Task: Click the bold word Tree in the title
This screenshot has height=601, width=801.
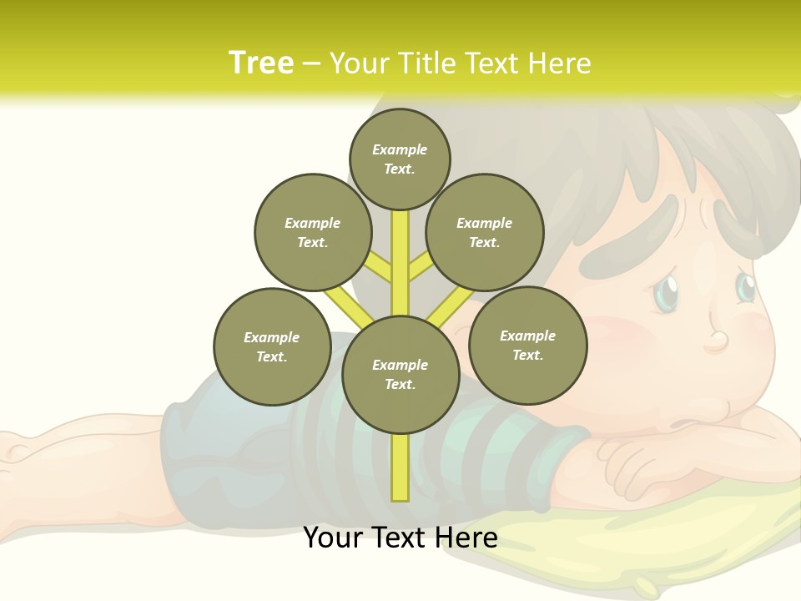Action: point(261,63)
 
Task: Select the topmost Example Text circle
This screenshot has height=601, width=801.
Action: point(400,159)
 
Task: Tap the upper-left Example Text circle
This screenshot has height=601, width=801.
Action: point(313,233)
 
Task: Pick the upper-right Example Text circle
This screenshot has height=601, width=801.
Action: point(485,233)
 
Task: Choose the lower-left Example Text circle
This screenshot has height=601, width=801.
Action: point(272,346)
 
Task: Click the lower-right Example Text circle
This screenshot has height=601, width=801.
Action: point(528,345)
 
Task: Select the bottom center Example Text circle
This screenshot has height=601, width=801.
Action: point(400,375)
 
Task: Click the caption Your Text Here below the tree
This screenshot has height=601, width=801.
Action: point(400,538)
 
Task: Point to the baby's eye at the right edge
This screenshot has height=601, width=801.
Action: point(745,286)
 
